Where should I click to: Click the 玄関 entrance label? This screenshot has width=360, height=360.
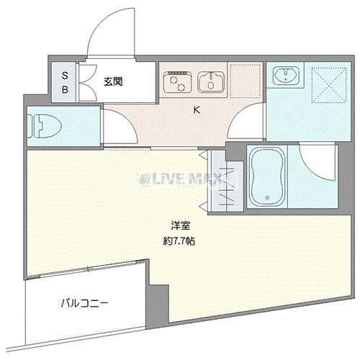[x=113, y=82]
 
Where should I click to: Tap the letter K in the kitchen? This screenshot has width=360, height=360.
[x=197, y=110]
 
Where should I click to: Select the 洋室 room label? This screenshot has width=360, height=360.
[x=181, y=226]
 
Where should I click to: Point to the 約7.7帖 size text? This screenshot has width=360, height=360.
[x=179, y=241]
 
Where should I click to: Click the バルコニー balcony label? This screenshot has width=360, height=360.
[x=84, y=304]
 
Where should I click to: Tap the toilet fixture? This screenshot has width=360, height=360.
[x=45, y=126]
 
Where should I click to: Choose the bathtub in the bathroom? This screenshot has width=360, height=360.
[x=267, y=177]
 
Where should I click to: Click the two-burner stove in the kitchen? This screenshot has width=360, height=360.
[x=177, y=81]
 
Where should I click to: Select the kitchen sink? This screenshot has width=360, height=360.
[x=211, y=82]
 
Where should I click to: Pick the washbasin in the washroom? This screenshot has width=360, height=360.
[x=286, y=74]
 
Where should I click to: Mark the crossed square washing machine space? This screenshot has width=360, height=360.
[x=329, y=85]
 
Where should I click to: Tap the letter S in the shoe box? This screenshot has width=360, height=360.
[x=65, y=76]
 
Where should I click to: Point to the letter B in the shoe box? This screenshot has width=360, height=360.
[x=65, y=89]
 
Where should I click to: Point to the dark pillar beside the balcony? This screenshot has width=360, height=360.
[x=158, y=304]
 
